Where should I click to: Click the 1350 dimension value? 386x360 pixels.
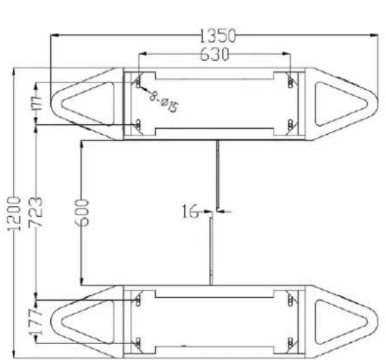click(x=217, y=36)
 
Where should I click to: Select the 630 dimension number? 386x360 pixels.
click(x=214, y=54)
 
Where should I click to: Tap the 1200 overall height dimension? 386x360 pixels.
click(x=14, y=213)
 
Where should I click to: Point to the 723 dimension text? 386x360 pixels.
click(x=36, y=211)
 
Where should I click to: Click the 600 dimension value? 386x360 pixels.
click(x=81, y=213)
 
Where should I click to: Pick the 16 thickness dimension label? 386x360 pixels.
click(x=190, y=211)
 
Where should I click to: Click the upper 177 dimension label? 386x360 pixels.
click(x=38, y=103)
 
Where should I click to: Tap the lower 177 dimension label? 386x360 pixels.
click(x=36, y=322)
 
